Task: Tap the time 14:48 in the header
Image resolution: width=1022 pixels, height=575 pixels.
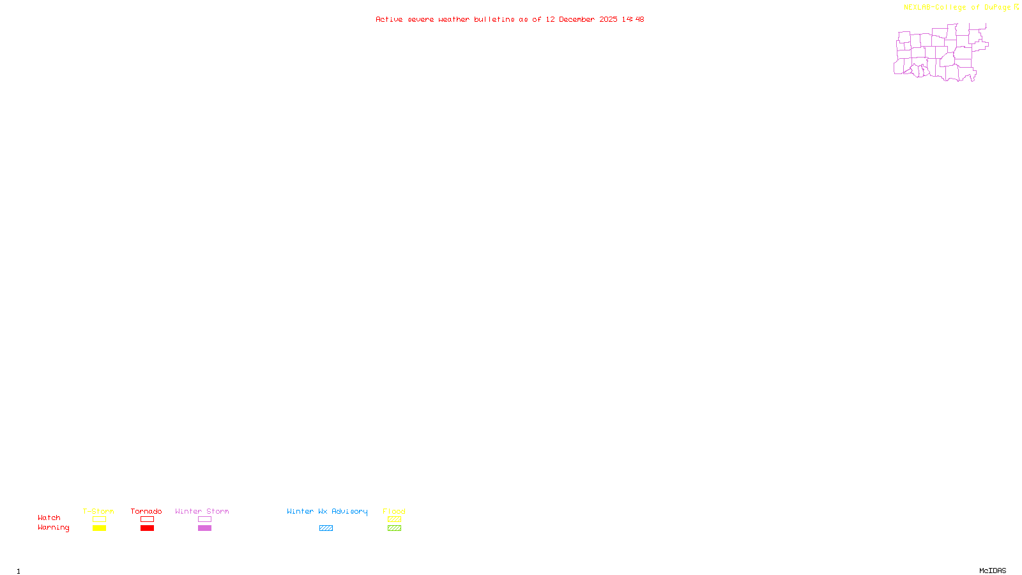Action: [633, 20]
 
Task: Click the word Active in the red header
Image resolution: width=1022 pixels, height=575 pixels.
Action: [389, 20]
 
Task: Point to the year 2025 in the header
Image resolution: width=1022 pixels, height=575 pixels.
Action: [608, 20]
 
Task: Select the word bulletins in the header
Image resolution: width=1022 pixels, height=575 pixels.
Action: [494, 20]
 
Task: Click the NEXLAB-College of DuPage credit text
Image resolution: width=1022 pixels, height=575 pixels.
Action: [957, 8]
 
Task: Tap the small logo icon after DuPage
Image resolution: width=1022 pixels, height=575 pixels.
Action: [1016, 7]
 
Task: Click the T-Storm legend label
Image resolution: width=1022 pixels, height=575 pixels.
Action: [98, 511]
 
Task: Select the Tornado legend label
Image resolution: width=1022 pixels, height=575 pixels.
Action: [146, 511]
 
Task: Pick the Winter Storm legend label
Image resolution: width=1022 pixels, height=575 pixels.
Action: [202, 511]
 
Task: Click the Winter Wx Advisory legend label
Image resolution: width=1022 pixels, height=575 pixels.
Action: [327, 511]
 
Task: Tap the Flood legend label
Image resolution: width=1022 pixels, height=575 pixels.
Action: [394, 511]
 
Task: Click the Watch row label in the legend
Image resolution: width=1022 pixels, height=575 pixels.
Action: [49, 517]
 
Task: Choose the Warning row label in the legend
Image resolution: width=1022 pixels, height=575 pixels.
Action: [54, 528]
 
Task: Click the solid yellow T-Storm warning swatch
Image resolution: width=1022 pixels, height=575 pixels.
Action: [99, 528]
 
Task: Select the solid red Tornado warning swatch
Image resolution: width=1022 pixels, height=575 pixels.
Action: [147, 528]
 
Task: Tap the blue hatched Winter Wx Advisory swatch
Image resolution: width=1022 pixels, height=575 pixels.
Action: [326, 528]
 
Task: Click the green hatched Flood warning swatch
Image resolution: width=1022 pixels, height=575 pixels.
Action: [394, 528]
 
